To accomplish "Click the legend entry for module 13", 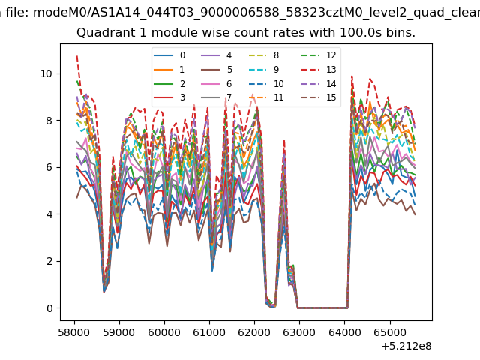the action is pos(319,70).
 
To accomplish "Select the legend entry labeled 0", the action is pos(169,55).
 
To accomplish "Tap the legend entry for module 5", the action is pos(217,70).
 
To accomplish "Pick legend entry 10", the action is pos(266,83).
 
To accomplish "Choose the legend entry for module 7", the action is pos(217,97).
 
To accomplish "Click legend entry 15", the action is pos(319,97).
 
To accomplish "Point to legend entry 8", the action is pos(264,55).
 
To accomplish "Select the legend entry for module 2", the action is pos(169,83).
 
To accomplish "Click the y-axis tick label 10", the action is pos(46,73).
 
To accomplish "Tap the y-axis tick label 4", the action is pos(49,214).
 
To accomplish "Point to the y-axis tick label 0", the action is pos(49,308).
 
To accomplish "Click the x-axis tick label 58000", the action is pos(74,332).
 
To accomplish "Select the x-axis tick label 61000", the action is pos(209,332).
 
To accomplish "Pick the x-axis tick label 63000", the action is pos(299,332).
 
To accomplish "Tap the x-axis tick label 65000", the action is pos(390,332).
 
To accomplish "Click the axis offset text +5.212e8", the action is pos(406,346).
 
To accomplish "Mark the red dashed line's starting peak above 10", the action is pos(76,56).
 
